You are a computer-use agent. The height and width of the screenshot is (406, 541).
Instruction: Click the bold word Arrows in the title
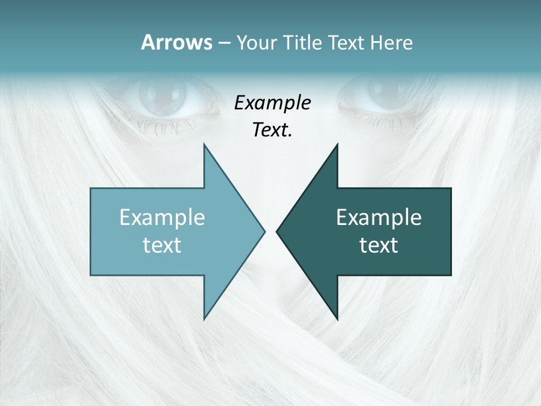[x=176, y=42]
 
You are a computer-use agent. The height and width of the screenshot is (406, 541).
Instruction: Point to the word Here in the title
[x=392, y=43]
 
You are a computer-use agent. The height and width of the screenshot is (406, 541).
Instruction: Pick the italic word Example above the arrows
[x=273, y=103]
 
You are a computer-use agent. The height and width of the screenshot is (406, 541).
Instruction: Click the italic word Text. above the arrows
[x=273, y=130]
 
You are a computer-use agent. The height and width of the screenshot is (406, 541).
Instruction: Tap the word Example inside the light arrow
[x=162, y=217]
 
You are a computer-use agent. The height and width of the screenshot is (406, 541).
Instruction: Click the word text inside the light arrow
[x=162, y=245]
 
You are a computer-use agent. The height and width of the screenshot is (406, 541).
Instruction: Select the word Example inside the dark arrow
[x=379, y=217]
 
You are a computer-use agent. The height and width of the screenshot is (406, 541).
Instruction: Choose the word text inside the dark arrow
[x=379, y=245]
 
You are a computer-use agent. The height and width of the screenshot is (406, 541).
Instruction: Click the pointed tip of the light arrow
[x=264, y=231]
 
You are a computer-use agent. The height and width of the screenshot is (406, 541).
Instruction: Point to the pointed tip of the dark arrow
[x=277, y=231]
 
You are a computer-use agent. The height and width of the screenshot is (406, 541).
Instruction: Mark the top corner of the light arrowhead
[x=204, y=144]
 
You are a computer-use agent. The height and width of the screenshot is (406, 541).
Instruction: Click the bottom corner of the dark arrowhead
[x=337, y=319]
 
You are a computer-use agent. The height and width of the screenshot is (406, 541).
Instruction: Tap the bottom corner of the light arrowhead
[x=204, y=319]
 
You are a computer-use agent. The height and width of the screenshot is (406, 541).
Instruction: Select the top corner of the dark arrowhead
[x=337, y=144]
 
